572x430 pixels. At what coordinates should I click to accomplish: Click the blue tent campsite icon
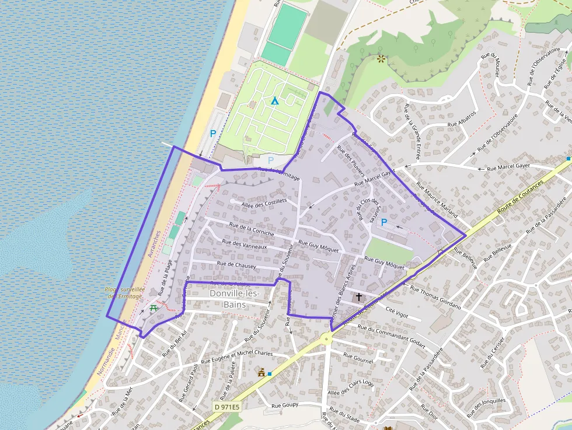274,100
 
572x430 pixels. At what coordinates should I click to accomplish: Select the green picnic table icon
154,307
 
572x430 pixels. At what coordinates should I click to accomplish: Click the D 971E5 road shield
226,407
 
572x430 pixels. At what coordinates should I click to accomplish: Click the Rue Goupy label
285,405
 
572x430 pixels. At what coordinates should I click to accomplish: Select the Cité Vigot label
397,313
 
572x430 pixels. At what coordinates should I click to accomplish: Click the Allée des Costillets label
263,201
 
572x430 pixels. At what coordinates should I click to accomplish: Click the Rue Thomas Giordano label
435,297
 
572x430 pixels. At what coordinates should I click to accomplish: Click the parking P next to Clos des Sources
383,222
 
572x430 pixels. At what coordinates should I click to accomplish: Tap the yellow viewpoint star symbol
381,58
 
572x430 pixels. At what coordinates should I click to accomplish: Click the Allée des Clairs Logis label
351,388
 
